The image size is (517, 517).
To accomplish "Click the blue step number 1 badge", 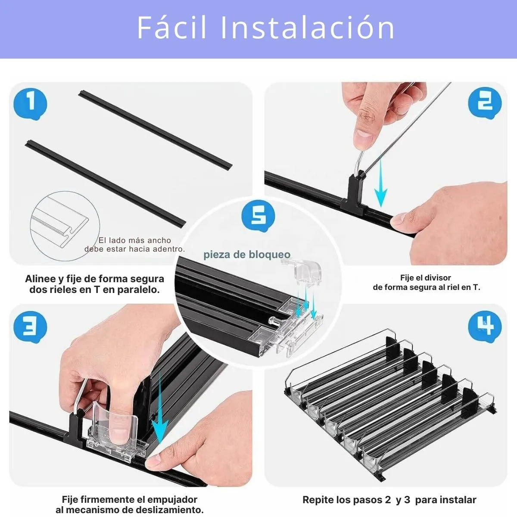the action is pos(30,104).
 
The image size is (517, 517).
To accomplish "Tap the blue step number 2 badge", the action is pos(485,103).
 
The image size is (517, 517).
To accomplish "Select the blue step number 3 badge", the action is pos(30,327).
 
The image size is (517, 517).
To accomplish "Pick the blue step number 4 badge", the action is pos(485,327).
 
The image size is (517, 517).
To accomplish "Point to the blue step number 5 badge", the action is pos(258,216).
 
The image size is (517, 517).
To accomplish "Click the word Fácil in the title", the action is pos(172,28).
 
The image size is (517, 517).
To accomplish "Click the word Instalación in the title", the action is pos(307,28).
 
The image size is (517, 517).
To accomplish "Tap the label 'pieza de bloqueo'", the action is pos(247,254).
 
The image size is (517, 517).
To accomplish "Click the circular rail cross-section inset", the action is pos(65,226).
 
